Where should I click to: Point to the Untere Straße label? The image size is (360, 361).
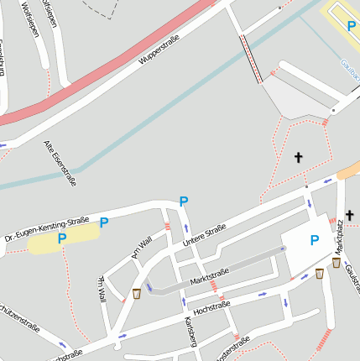point(205,237)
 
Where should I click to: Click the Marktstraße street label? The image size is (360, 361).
point(210,274)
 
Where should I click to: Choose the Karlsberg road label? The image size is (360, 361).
point(190,332)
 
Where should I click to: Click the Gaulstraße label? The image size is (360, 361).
point(352,278)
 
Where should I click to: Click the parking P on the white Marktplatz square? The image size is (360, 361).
point(315,240)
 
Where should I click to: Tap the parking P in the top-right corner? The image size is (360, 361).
point(352,26)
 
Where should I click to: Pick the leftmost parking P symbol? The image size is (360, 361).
point(61,239)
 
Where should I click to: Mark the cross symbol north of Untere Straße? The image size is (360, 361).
point(298,157)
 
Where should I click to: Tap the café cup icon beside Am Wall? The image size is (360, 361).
point(137,293)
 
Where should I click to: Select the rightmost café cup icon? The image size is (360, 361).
point(337,263)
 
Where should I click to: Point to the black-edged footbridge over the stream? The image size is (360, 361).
point(250,59)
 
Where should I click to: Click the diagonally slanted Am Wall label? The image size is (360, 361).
point(141,247)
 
